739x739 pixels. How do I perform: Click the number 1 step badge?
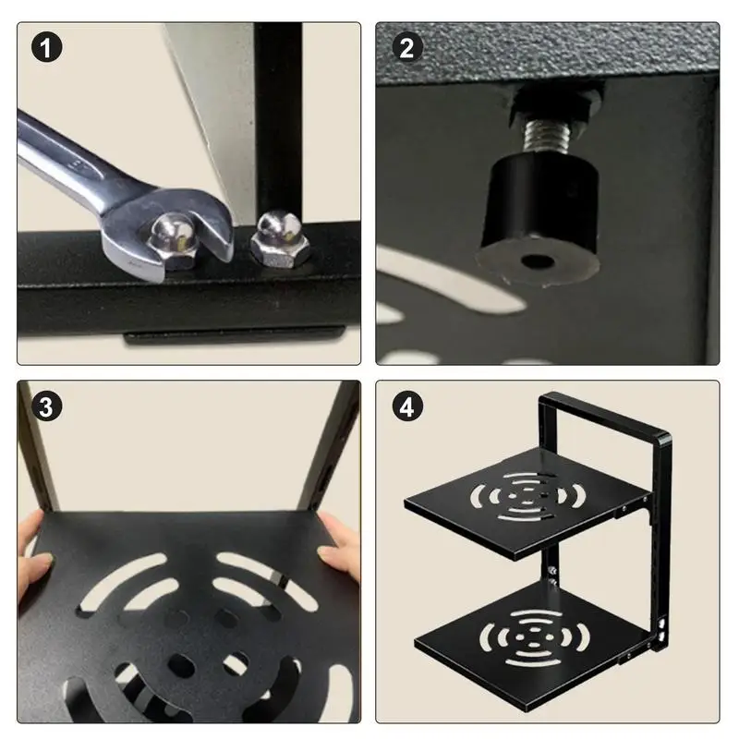tap(47, 48)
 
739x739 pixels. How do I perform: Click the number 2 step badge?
tap(406, 48)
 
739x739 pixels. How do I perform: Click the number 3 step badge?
tap(47, 406)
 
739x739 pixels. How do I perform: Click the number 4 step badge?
tap(406, 406)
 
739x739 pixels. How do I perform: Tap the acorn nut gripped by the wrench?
tap(173, 240)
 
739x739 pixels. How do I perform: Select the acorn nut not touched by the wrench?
tap(280, 238)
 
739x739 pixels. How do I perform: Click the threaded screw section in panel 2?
tap(547, 136)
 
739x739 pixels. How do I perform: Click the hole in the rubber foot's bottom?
tap(537, 260)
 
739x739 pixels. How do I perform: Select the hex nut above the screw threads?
tap(552, 104)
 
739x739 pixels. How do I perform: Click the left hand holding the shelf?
tap(35, 559)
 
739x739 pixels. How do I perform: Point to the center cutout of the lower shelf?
tap(534, 637)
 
